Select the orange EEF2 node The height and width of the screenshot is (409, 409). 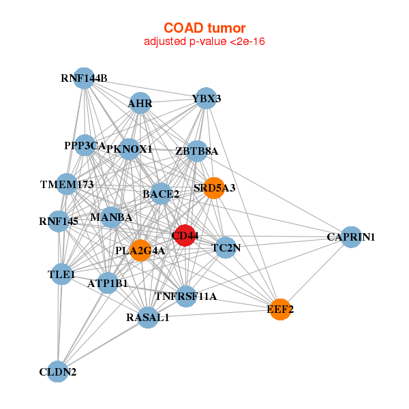[x=279, y=309]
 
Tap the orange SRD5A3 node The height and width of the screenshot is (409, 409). [x=214, y=188]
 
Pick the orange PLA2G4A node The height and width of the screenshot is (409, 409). [x=140, y=250]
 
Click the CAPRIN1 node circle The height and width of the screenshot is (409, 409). [x=350, y=237]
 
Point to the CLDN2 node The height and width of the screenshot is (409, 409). [x=58, y=372]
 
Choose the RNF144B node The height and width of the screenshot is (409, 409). [x=83, y=78]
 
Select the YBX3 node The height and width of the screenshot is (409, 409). [x=206, y=98]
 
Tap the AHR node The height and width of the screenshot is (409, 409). [x=140, y=104]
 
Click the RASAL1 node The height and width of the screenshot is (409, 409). [x=148, y=317]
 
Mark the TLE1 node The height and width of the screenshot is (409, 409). [x=61, y=275]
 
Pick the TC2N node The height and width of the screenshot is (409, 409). [x=225, y=248]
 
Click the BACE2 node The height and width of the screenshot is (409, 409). [x=161, y=194]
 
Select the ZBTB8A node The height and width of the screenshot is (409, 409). [x=196, y=151]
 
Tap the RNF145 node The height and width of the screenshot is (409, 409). [x=59, y=221]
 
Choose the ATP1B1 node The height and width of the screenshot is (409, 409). [x=108, y=282]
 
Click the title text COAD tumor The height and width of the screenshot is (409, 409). [x=204, y=27]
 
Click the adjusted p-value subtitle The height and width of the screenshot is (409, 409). [x=204, y=42]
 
